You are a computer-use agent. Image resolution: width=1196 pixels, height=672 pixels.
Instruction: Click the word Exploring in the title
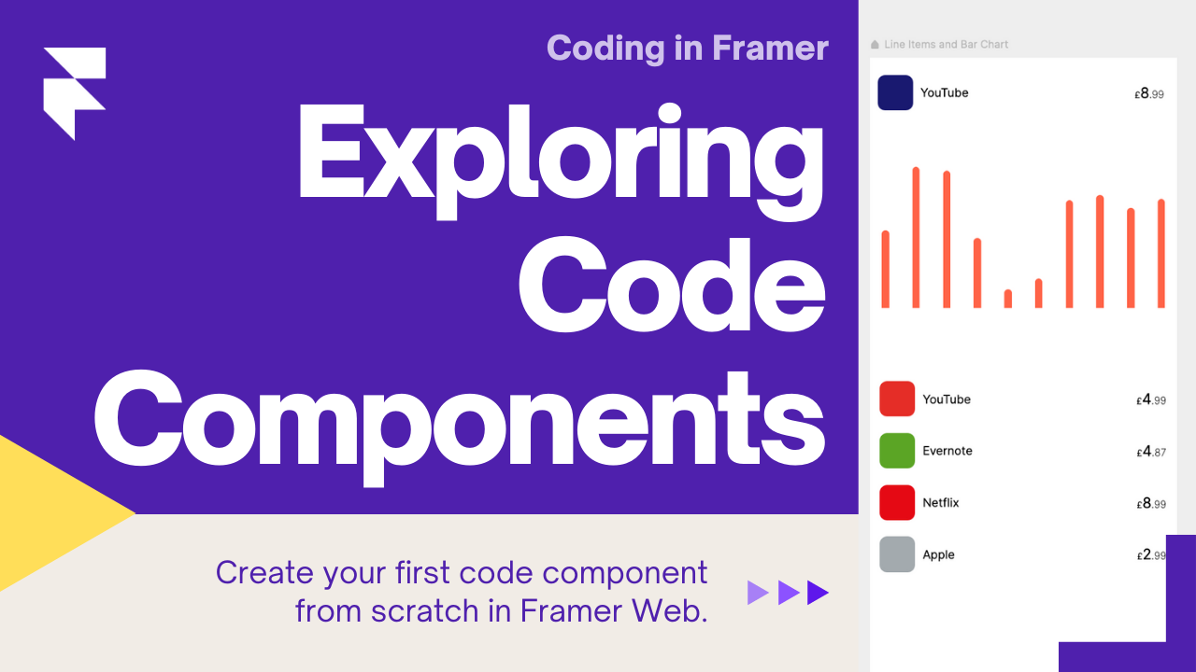[561, 160]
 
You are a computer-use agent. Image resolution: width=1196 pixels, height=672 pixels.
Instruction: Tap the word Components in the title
[459, 424]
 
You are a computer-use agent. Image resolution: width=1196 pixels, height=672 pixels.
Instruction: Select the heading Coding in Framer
[688, 48]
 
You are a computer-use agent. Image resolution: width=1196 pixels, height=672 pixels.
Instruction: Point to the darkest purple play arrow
[817, 593]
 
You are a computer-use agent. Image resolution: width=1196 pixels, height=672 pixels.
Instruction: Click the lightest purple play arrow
[757, 593]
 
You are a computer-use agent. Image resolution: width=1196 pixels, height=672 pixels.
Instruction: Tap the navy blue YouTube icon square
[895, 92]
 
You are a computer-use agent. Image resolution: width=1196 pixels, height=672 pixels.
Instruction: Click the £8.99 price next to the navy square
[1149, 94]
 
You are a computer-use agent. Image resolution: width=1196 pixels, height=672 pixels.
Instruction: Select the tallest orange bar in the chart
[916, 237]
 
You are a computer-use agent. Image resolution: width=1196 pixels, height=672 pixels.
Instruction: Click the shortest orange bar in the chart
[1008, 299]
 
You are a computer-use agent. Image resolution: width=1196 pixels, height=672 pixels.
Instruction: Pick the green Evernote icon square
[897, 451]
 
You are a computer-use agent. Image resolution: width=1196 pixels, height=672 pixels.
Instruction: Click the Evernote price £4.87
[1151, 452]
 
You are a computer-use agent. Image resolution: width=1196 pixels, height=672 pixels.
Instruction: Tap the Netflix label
[941, 502]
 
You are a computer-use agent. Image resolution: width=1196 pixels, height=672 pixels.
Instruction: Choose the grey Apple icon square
[897, 554]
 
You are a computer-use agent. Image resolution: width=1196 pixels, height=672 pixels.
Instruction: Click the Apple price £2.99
[1151, 555]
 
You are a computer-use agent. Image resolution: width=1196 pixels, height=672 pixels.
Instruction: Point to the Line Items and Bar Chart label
[947, 44]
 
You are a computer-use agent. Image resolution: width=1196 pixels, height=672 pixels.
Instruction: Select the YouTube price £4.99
[1151, 400]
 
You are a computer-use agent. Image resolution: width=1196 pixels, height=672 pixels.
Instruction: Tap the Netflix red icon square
[897, 502]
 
